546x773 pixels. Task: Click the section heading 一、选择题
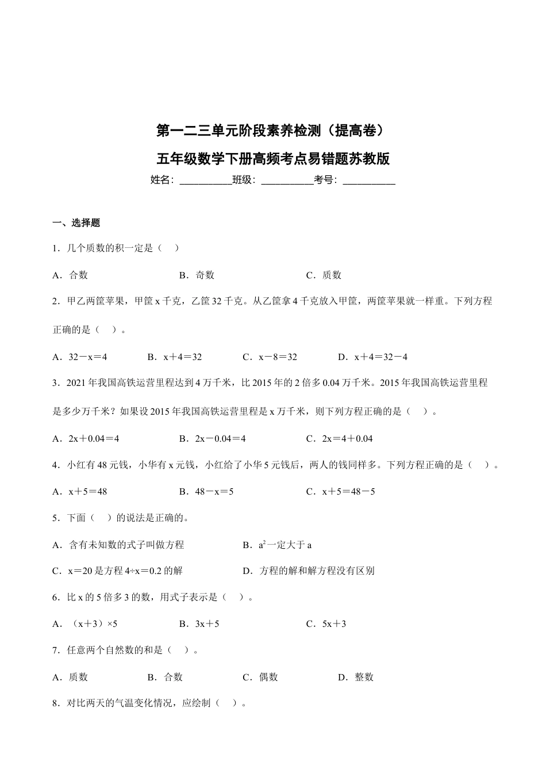click(76, 223)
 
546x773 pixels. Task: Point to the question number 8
click(55, 703)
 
